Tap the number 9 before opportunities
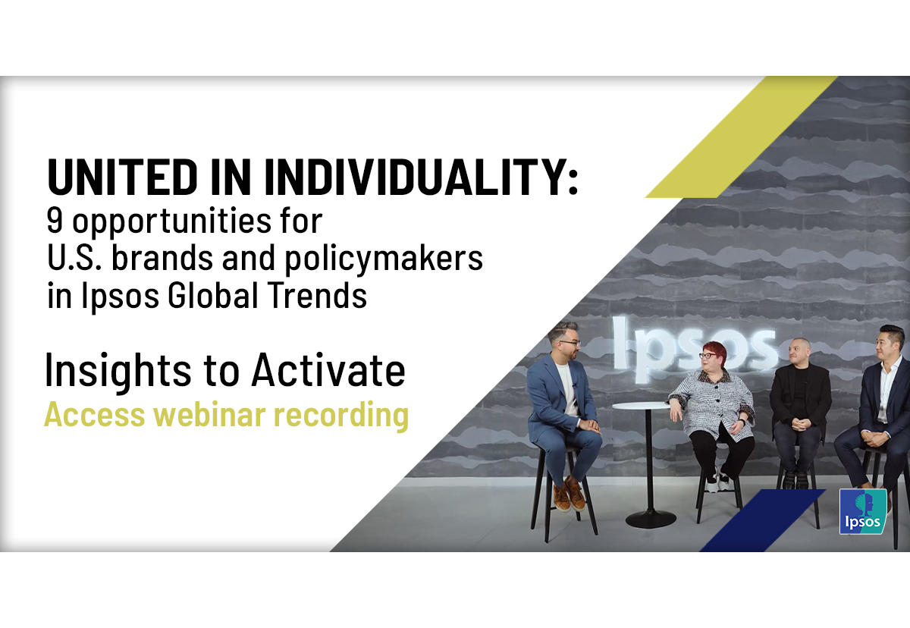[55, 220]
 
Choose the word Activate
[328, 369]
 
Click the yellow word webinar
[209, 414]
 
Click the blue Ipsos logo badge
[862, 511]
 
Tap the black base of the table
[651, 520]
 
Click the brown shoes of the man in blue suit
[568, 494]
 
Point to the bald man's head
[799, 351]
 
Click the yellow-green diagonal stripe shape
[742, 137]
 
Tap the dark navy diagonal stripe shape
[762, 520]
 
